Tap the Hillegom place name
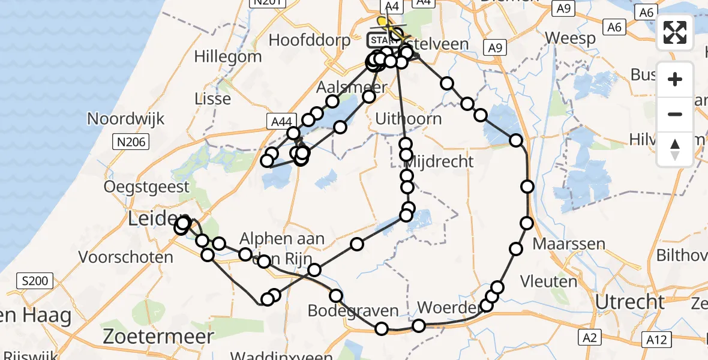click(228, 57)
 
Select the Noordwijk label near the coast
click(126, 118)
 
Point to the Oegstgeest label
click(146, 187)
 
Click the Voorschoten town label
click(127, 257)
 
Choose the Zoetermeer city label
click(158, 336)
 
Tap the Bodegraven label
click(353, 311)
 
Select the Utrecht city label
click(628, 301)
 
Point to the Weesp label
click(571, 38)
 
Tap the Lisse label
click(213, 98)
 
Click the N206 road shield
click(130, 142)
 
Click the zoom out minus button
click(675, 114)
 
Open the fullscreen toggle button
click(675, 32)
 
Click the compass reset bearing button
click(675, 149)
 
